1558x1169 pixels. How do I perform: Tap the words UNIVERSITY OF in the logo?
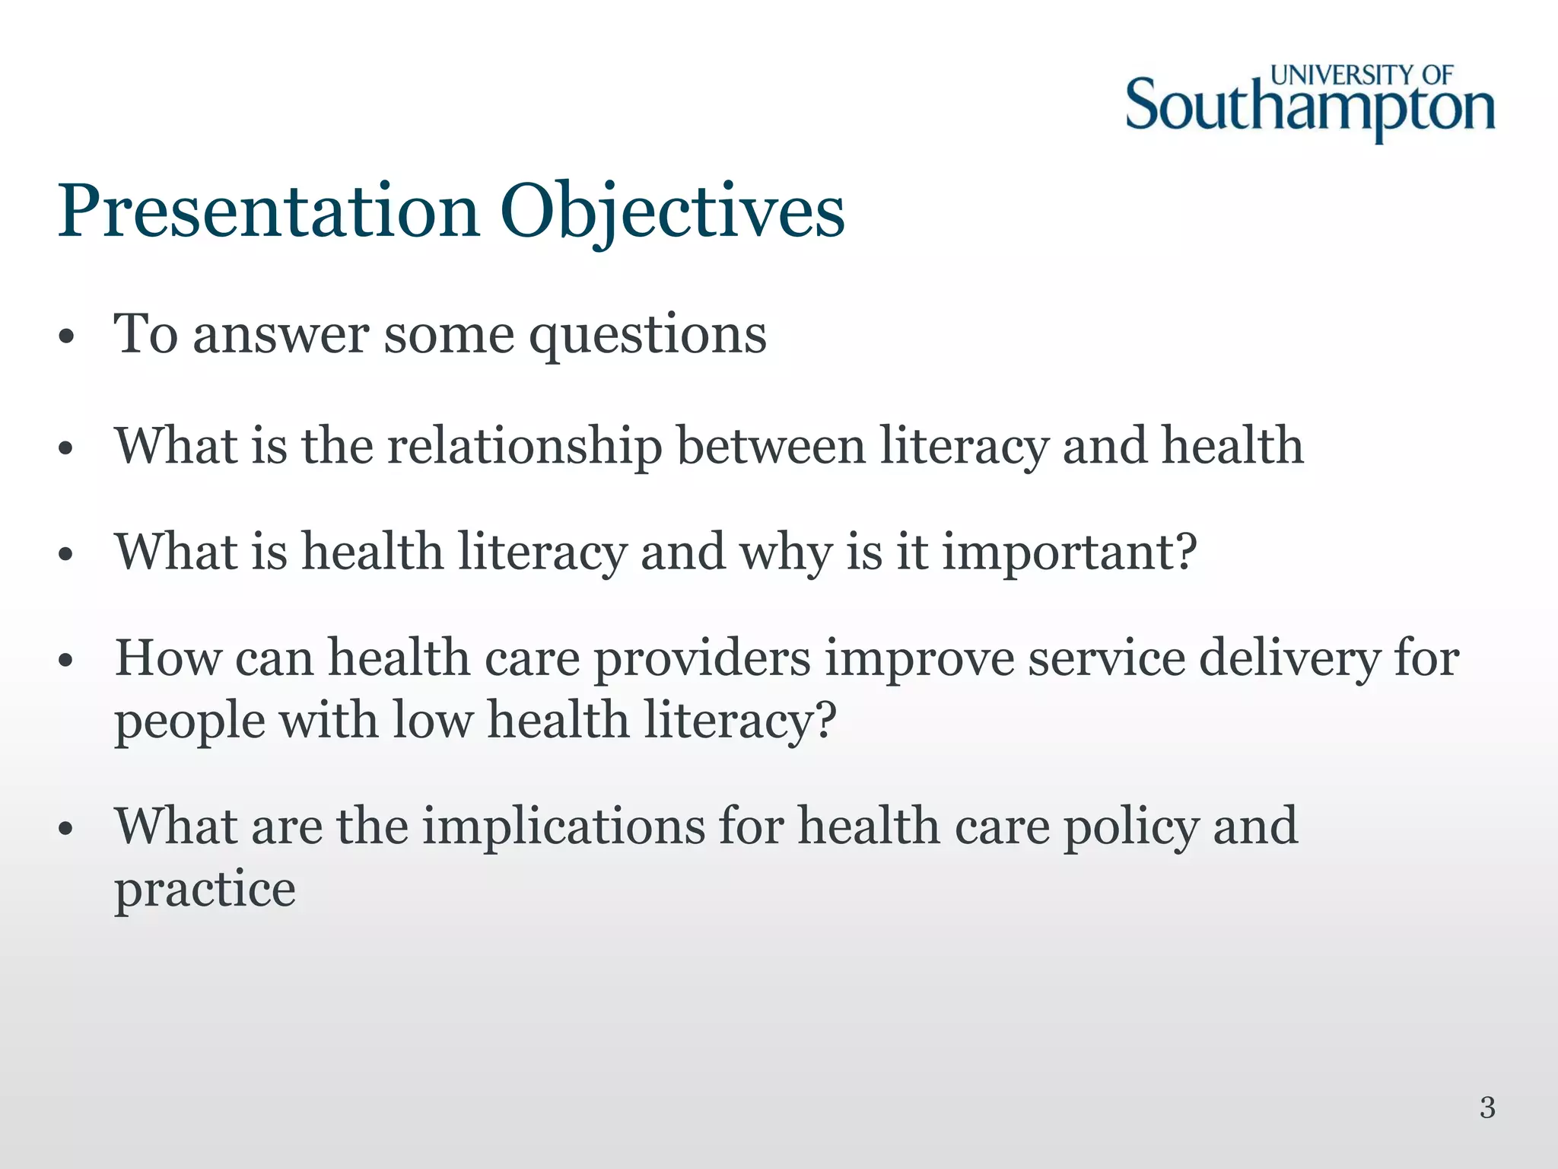coord(1362,75)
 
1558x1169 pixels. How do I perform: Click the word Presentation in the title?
coord(269,211)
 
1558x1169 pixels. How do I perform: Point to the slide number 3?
coord(1487,1107)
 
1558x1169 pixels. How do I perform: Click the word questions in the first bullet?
coord(647,335)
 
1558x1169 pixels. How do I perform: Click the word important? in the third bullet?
coord(1070,553)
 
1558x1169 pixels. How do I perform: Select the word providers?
coord(701,658)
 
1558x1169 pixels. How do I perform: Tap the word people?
coord(189,721)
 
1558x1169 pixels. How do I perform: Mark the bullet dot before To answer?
coord(66,337)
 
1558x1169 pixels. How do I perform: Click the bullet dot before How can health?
coord(66,661)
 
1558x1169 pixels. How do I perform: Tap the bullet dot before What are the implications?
coord(66,829)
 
